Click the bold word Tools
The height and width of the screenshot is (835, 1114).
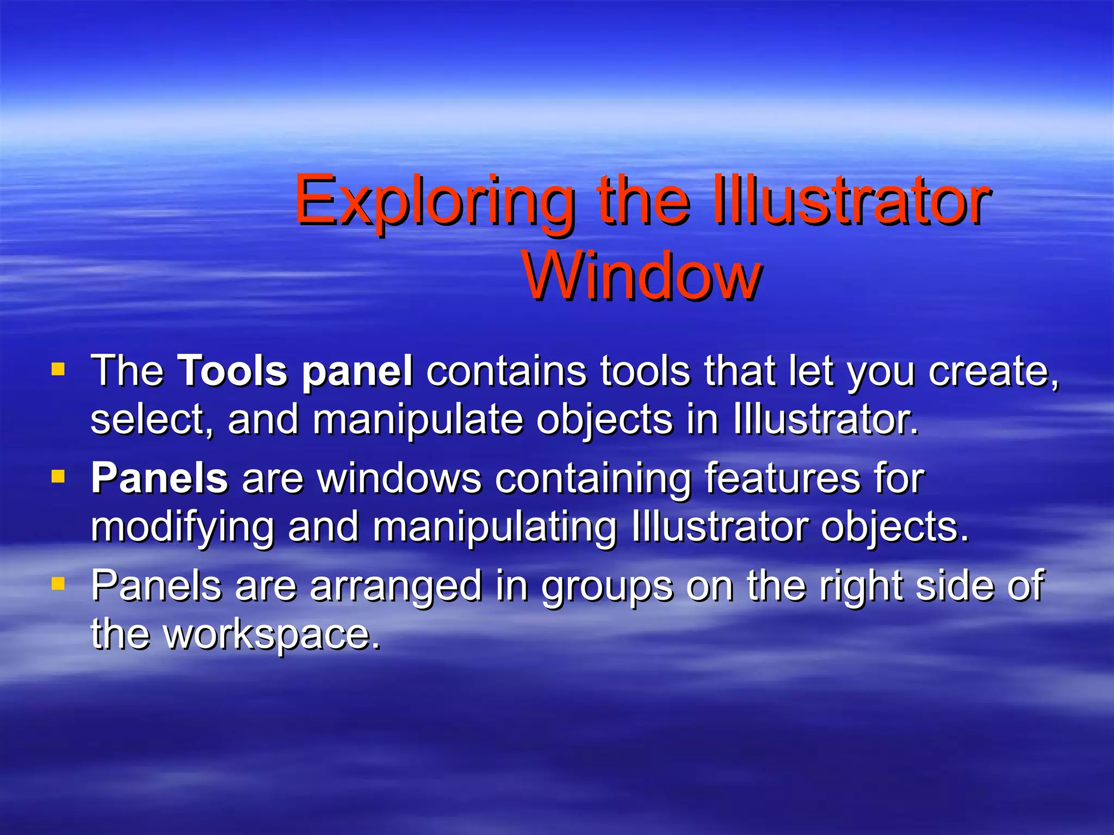(232, 371)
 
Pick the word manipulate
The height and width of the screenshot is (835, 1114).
(418, 420)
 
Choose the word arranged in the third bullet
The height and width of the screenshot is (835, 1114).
(396, 586)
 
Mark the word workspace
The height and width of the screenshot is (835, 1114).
(272, 635)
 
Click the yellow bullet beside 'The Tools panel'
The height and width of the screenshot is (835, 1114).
(58, 370)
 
